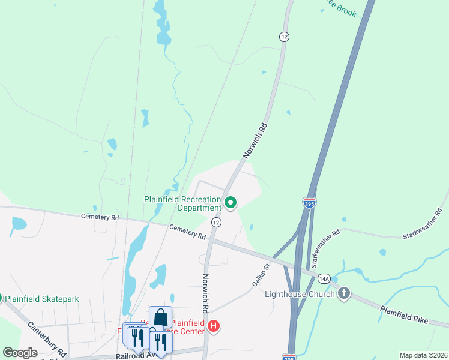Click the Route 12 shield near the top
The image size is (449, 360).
click(x=284, y=37)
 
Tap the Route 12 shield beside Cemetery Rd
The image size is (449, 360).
click(x=216, y=222)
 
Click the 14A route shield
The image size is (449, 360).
click(x=324, y=278)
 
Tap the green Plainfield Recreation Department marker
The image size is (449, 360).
click(x=230, y=203)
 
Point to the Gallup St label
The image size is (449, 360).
click(x=259, y=273)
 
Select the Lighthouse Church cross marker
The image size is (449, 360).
click(x=343, y=293)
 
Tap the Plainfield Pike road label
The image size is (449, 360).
click(x=404, y=314)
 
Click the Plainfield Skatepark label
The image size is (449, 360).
click(x=42, y=298)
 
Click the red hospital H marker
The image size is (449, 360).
click(x=214, y=326)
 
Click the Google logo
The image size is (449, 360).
click(x=20, y=353)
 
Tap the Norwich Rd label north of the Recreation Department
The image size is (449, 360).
click(x=254, y=141)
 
